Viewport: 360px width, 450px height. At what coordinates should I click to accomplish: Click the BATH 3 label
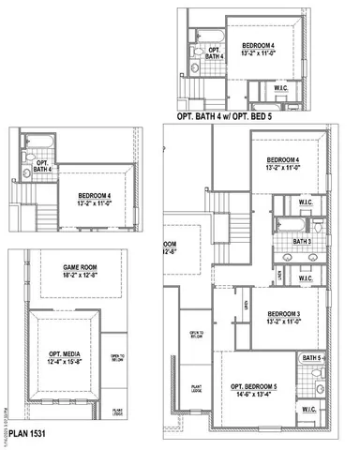300,242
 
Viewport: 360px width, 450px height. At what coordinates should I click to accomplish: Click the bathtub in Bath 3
286,225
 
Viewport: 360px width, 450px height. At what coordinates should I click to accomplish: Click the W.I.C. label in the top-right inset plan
280,88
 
